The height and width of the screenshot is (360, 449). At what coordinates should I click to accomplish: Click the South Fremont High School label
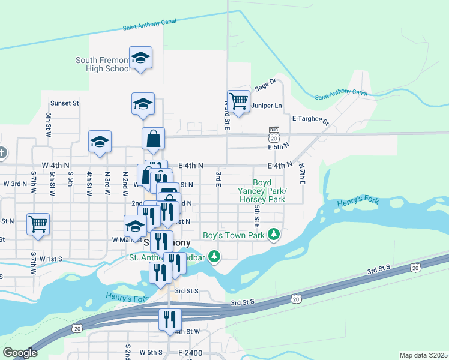click(x=102, y=64)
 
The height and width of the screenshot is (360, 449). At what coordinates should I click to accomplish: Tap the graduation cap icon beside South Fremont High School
click(x=140, y=58)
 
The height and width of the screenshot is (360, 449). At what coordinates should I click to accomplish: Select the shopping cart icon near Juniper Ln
click(x=238, y=101)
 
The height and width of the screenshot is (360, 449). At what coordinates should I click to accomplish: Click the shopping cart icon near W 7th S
click(x=38, y=224)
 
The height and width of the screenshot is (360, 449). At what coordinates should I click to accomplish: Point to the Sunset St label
click(x=65, y=103)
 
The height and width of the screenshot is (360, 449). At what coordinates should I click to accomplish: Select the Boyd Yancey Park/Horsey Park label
click(x=262, y=191)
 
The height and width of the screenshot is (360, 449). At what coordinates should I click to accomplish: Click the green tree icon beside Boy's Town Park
click(x=274, y=233)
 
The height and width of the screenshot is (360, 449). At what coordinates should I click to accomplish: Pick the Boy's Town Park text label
click(x=234, y=236)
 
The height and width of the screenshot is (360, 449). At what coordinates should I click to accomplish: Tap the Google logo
click(x=20, y=353)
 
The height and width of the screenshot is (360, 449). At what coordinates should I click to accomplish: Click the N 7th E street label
click(x=301, y=174)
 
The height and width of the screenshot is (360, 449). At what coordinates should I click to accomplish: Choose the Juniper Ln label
click(x=269, y=106)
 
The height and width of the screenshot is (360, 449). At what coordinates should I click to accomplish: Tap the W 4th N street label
click(x=56, y=165)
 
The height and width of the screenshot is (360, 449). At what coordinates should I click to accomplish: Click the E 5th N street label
click(x=279, y=146)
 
